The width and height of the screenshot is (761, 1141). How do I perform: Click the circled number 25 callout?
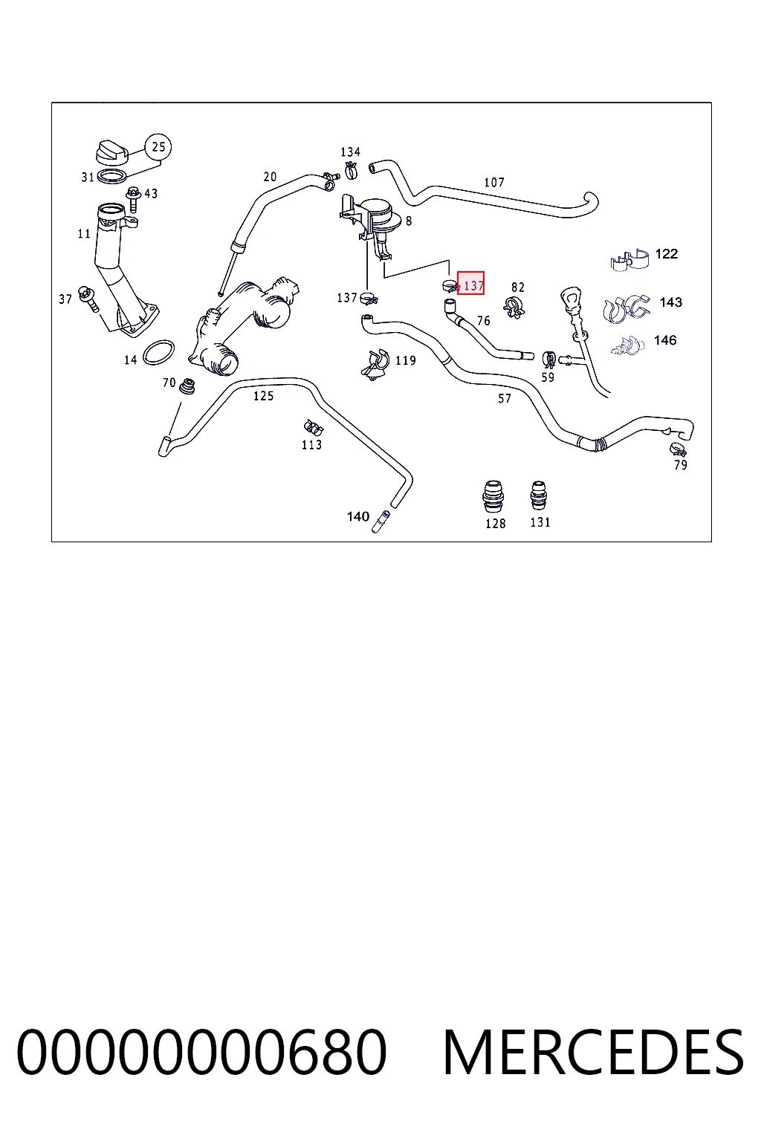coord(158,147)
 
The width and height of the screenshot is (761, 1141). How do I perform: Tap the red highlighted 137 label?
coord(470,283)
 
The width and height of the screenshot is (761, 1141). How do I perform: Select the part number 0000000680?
coord(202,1052)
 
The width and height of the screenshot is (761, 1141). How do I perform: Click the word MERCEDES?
coord(593,1052)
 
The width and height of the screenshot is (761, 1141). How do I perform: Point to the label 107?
coord(494,182)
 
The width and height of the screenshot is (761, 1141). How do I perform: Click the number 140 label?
coord(357,516)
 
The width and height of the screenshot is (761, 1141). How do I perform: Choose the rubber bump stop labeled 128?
coord(493,495)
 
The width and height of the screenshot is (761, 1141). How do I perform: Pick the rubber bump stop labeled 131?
coord(539,495)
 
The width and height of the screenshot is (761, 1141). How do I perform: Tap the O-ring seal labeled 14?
coord(158,353)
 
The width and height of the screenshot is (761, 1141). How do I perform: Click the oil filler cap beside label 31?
coord(113,152)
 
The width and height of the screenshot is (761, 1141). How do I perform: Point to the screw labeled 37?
coord(88,300)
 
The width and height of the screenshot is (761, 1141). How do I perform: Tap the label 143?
coord(671,302)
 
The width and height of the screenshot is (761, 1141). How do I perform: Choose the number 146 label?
coord(665,339)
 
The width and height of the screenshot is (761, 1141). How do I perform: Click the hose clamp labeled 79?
coord(678,450)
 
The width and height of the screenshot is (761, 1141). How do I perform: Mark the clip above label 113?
coord(313,427)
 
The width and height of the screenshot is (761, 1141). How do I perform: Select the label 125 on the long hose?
coord(264,396)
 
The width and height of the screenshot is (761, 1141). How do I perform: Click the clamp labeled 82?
coord(514,307)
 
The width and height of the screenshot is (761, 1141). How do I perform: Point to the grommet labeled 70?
coord(187,386)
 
